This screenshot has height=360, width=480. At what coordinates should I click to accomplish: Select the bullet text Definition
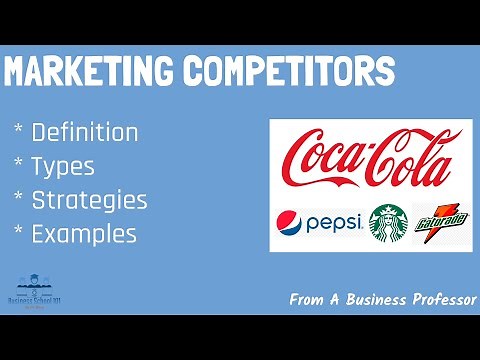(85, 132)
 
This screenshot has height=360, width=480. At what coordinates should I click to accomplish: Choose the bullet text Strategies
(89, 200)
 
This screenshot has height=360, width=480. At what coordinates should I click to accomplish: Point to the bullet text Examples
(84, 235)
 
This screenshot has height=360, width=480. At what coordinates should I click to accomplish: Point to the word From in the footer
(308, 298)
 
